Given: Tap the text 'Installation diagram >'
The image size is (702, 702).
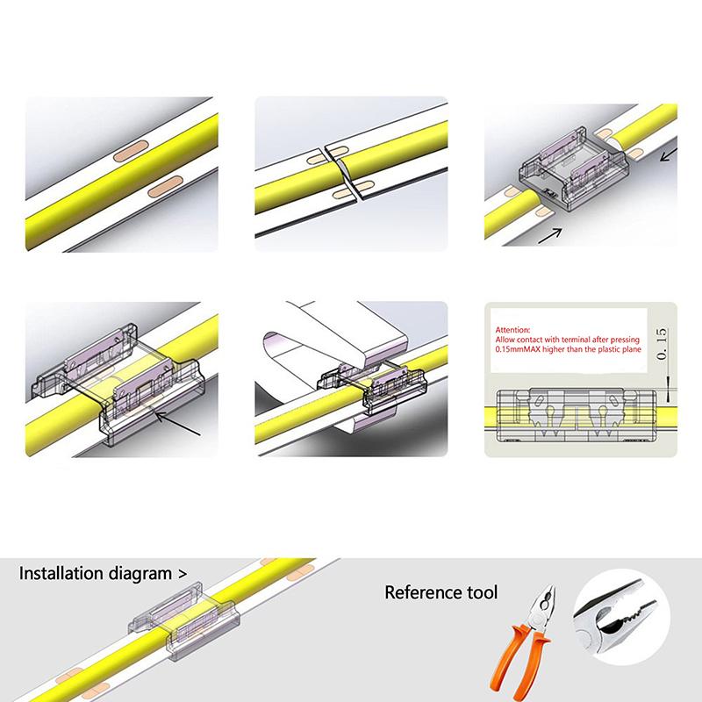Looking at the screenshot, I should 104,575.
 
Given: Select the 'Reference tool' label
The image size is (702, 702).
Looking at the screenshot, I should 441,593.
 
